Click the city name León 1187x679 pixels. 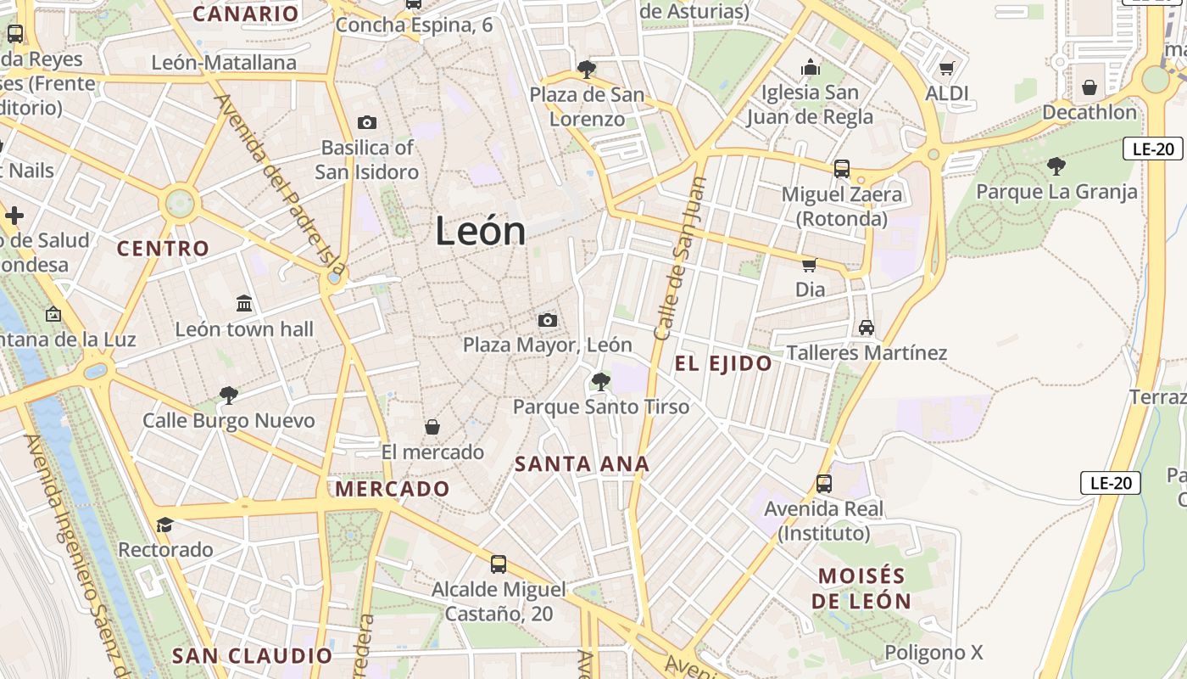point(481,231)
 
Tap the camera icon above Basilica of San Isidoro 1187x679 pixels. point(367,122)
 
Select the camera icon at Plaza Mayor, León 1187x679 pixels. point(548,320)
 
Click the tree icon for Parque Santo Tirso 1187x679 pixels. point(601,382)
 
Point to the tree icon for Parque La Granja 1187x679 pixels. point(1056,166)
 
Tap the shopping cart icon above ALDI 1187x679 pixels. point(947,68)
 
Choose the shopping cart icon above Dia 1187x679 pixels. point(810,265)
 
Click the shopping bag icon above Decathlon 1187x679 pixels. point(1089,87)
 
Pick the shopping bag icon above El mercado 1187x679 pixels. point(432,427)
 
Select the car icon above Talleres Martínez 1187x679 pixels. point(867,328)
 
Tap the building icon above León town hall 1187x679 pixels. point(244,304)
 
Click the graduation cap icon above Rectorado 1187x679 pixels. point(164,525)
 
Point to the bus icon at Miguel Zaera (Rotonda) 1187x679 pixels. point(842,169)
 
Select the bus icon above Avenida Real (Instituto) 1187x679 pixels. point(824,484)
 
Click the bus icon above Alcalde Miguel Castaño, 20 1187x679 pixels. point(499,564)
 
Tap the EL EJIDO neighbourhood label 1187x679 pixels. point(723,364)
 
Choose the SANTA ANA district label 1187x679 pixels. point(582,464)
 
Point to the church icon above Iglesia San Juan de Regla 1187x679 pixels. point(811,67)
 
